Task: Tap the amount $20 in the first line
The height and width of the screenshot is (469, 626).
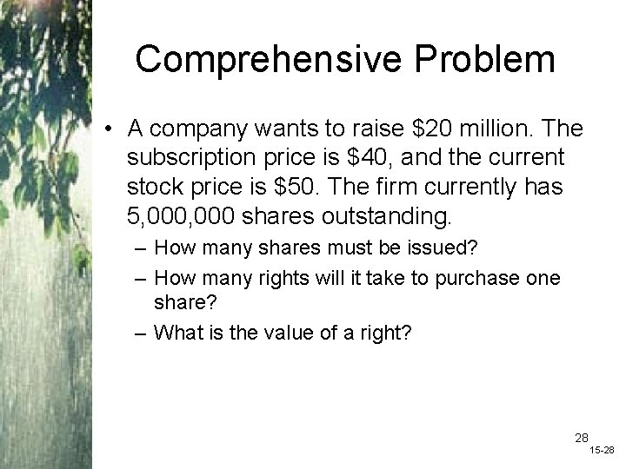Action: pos(432,130)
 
